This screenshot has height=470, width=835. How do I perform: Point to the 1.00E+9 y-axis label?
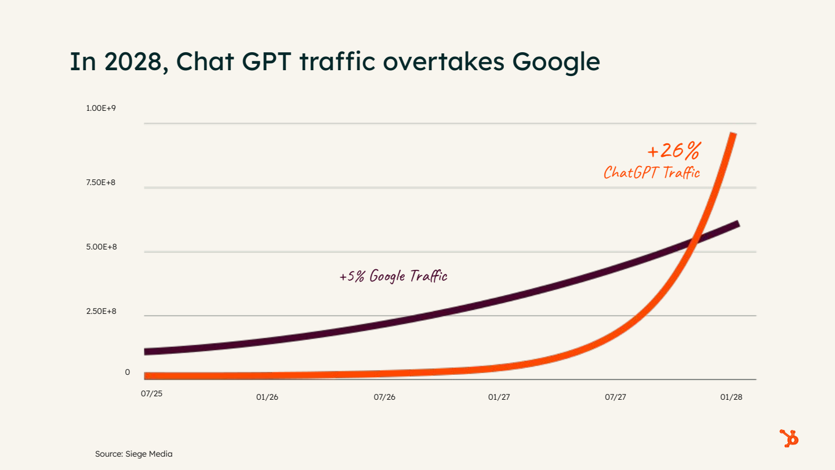pos(101,109)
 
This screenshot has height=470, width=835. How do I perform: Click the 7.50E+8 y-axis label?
pos(101,183)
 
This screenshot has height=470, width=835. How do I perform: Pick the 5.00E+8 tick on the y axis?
pos(101,247)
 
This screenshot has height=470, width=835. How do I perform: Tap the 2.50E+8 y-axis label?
pos(101,312)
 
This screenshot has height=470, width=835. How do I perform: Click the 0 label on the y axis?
pos(128,372)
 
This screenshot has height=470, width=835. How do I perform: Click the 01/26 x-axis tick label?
pos(267,397)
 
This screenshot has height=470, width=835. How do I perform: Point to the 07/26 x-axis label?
pos(384,397)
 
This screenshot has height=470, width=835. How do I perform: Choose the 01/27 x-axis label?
pos(499,397)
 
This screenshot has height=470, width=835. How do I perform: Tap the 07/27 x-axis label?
pos(616,397)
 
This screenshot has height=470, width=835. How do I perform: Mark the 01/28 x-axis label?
pos(731,397)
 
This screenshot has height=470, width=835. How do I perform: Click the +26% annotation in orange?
pos(673,151)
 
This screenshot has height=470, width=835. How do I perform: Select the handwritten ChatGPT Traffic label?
pos(652,173)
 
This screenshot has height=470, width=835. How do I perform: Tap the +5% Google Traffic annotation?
pos(393,276)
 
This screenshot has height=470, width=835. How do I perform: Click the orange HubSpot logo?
pos(789,438)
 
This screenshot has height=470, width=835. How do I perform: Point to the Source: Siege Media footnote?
pos(134,454)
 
